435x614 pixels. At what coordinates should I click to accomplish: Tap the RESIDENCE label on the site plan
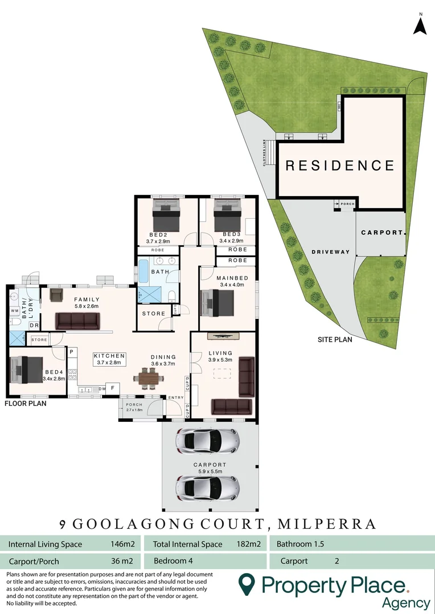coord(340,165)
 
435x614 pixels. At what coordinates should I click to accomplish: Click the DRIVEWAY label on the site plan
coord(330,252)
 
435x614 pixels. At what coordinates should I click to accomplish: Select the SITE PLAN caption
coord(335,340)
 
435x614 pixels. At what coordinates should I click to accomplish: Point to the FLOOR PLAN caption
coord(26,404)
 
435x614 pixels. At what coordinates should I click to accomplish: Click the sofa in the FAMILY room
coord(77,322)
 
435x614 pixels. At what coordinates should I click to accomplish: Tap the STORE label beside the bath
coord(153,313)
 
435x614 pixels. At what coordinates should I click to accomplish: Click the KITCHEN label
coord(109,356)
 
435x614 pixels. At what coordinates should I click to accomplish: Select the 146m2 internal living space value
coord(121,544)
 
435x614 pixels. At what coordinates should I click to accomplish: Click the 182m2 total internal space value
coord(248,544)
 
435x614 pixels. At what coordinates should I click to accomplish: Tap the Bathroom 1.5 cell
coord(300,544)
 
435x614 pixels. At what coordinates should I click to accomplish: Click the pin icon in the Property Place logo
coord(246,584)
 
